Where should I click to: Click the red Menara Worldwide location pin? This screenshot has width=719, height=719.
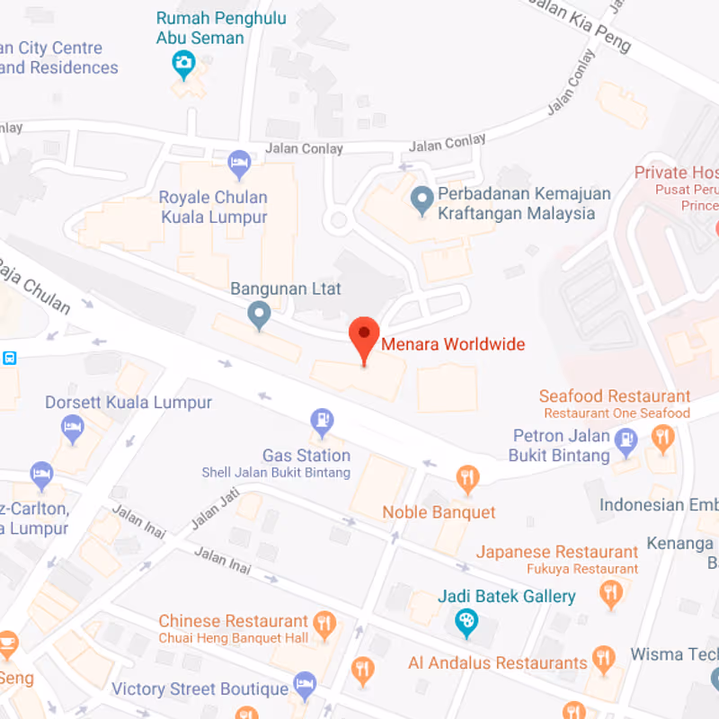tap(364, 336)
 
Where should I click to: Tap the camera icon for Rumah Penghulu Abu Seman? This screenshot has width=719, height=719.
tap(183, 63)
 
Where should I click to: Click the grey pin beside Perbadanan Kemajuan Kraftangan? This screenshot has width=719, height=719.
tap(422, 199)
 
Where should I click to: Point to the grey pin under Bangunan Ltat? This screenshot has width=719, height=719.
tap(259, 314)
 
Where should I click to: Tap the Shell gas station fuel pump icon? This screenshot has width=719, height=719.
tap(321, 420)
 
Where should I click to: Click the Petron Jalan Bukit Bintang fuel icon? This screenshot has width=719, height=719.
tap(626, 439)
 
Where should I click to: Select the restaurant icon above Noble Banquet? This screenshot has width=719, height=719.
tap(466, 477)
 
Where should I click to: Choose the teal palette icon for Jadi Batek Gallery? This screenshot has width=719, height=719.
tap(466, 620)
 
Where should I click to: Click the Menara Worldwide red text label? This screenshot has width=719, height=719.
tap(453, 344)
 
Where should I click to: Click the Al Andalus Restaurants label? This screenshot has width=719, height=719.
tap(497, 663)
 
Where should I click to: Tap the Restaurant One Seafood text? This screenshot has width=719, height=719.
tap(617, 413)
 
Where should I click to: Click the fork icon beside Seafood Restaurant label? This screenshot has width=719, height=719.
tap(663, 439)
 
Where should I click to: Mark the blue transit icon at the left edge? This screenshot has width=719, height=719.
tap(9, 358)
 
